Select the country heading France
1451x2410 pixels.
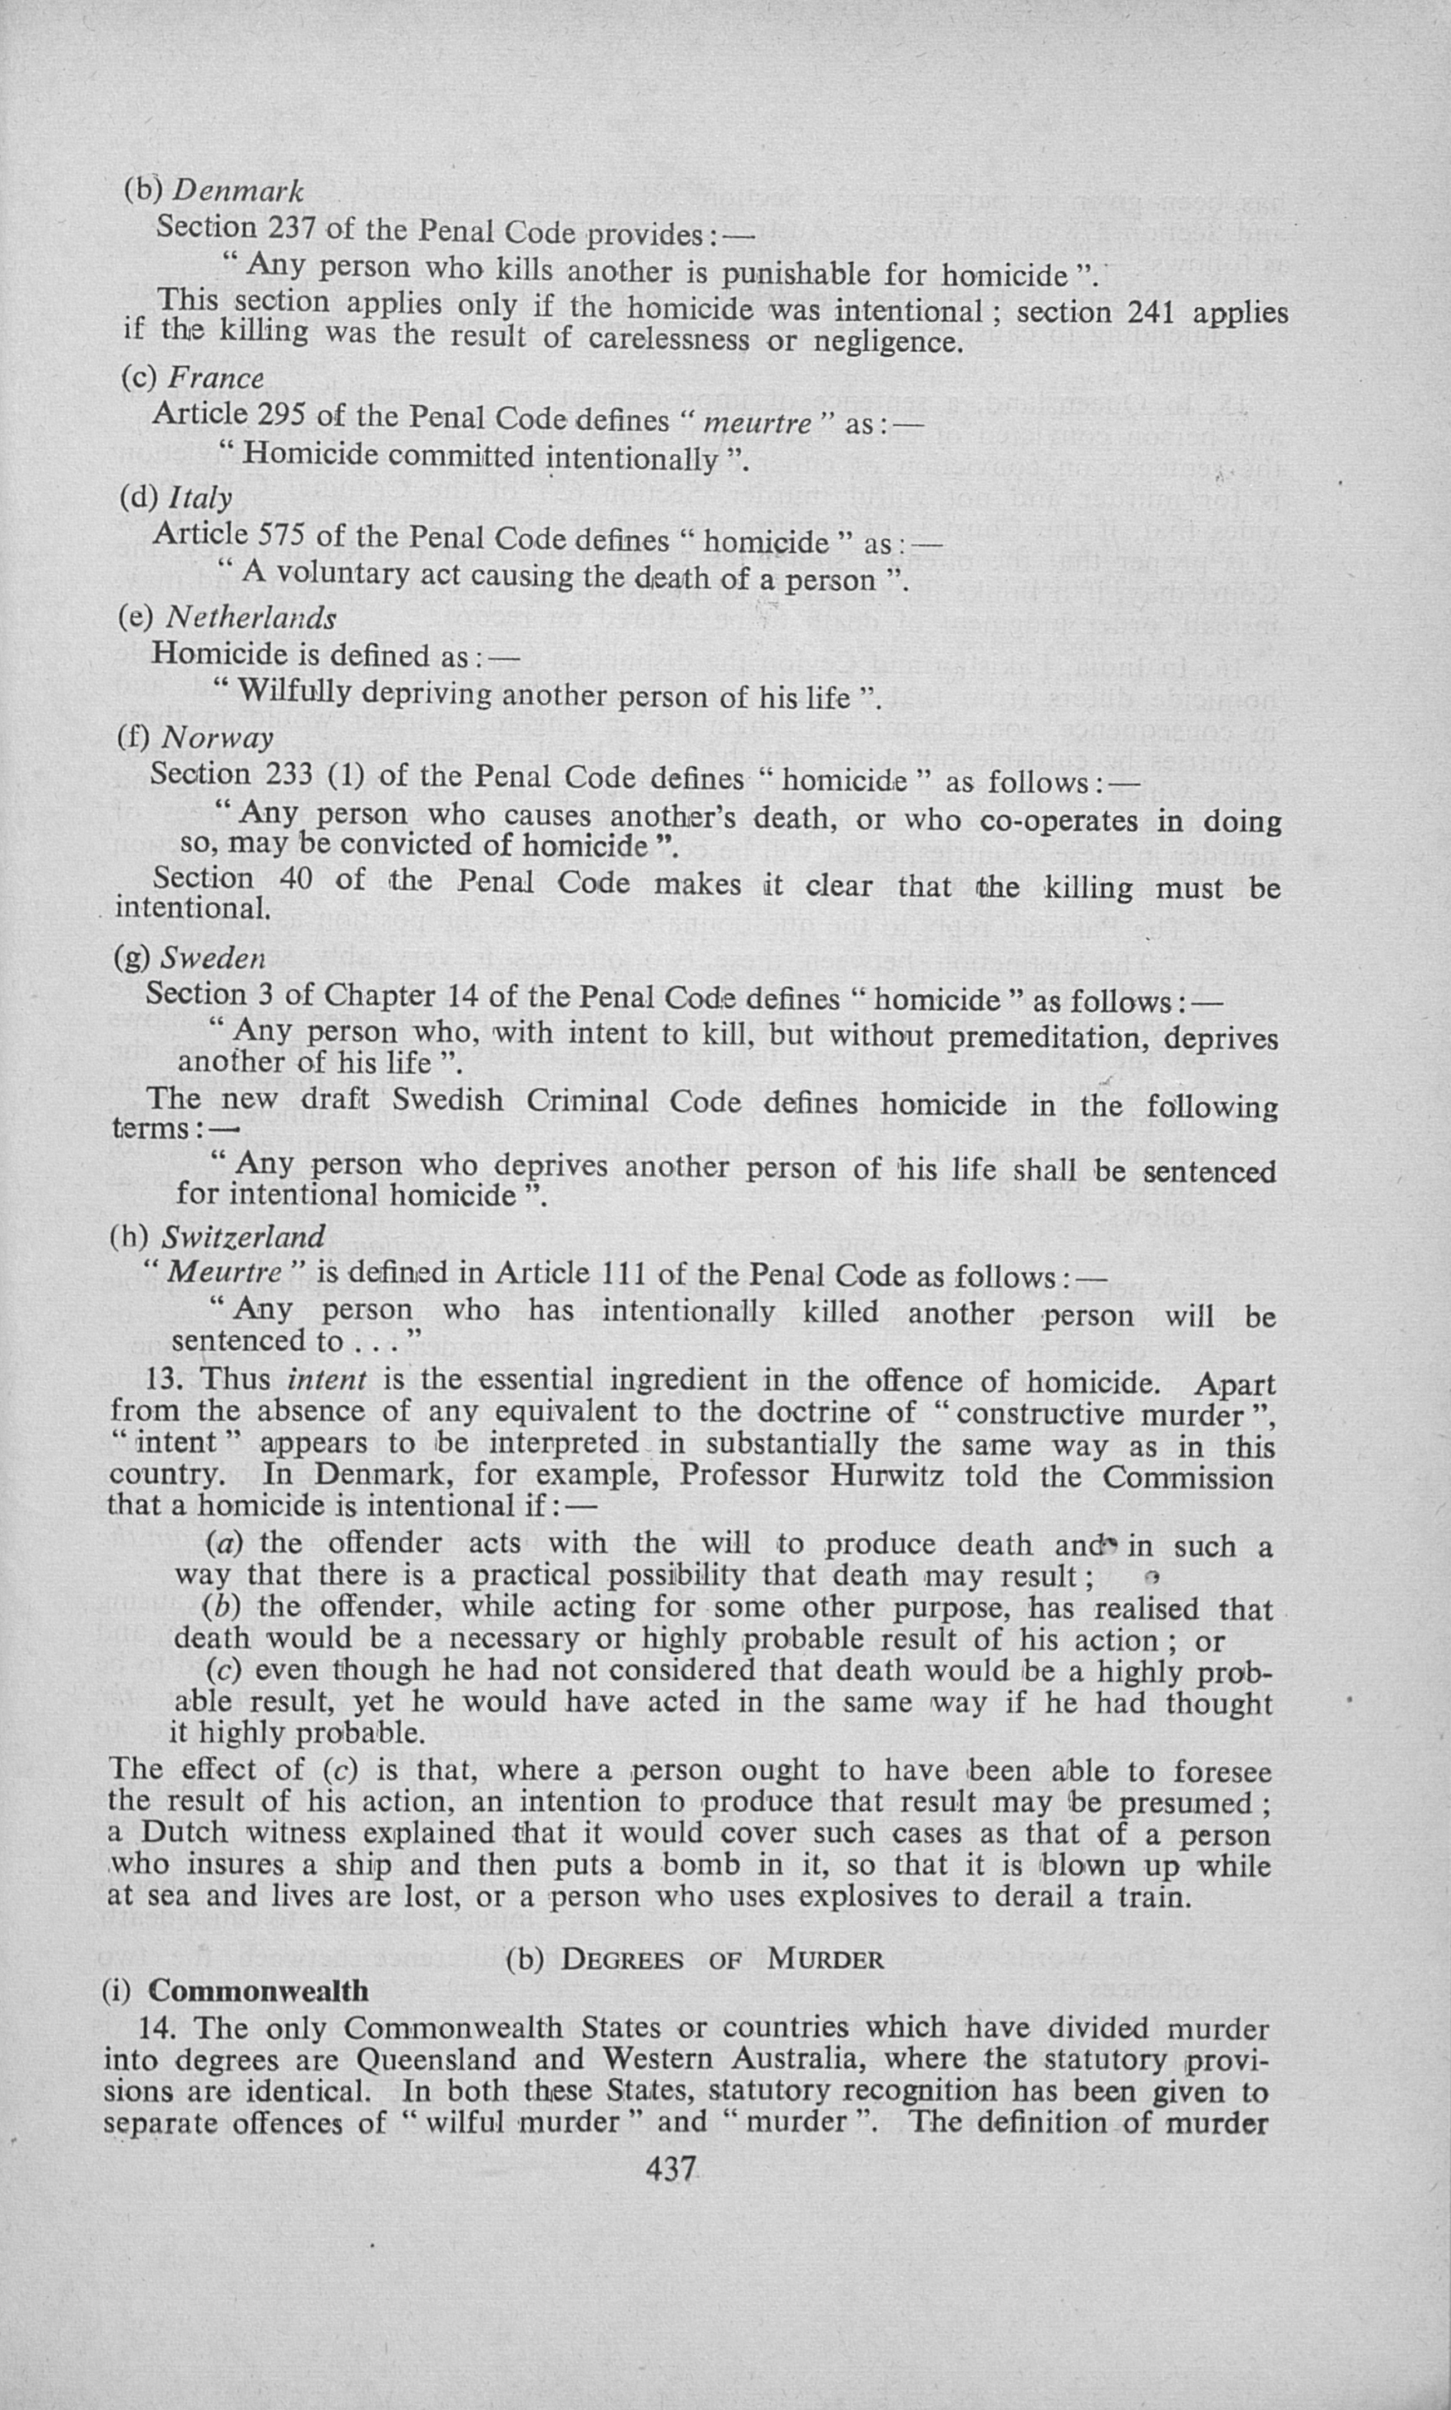tap(215, 378)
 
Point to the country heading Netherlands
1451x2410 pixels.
tap(250, 617)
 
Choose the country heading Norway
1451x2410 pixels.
tap(216, 738)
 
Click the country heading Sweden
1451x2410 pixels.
tap(212, 958)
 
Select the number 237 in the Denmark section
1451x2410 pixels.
tap(291, 228)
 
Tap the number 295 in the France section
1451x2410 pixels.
tap(287, 415)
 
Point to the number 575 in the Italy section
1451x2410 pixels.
tap(287, 535)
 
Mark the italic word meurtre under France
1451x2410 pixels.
tap(758, 423)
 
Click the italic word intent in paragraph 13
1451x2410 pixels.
tap(327, 1380)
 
